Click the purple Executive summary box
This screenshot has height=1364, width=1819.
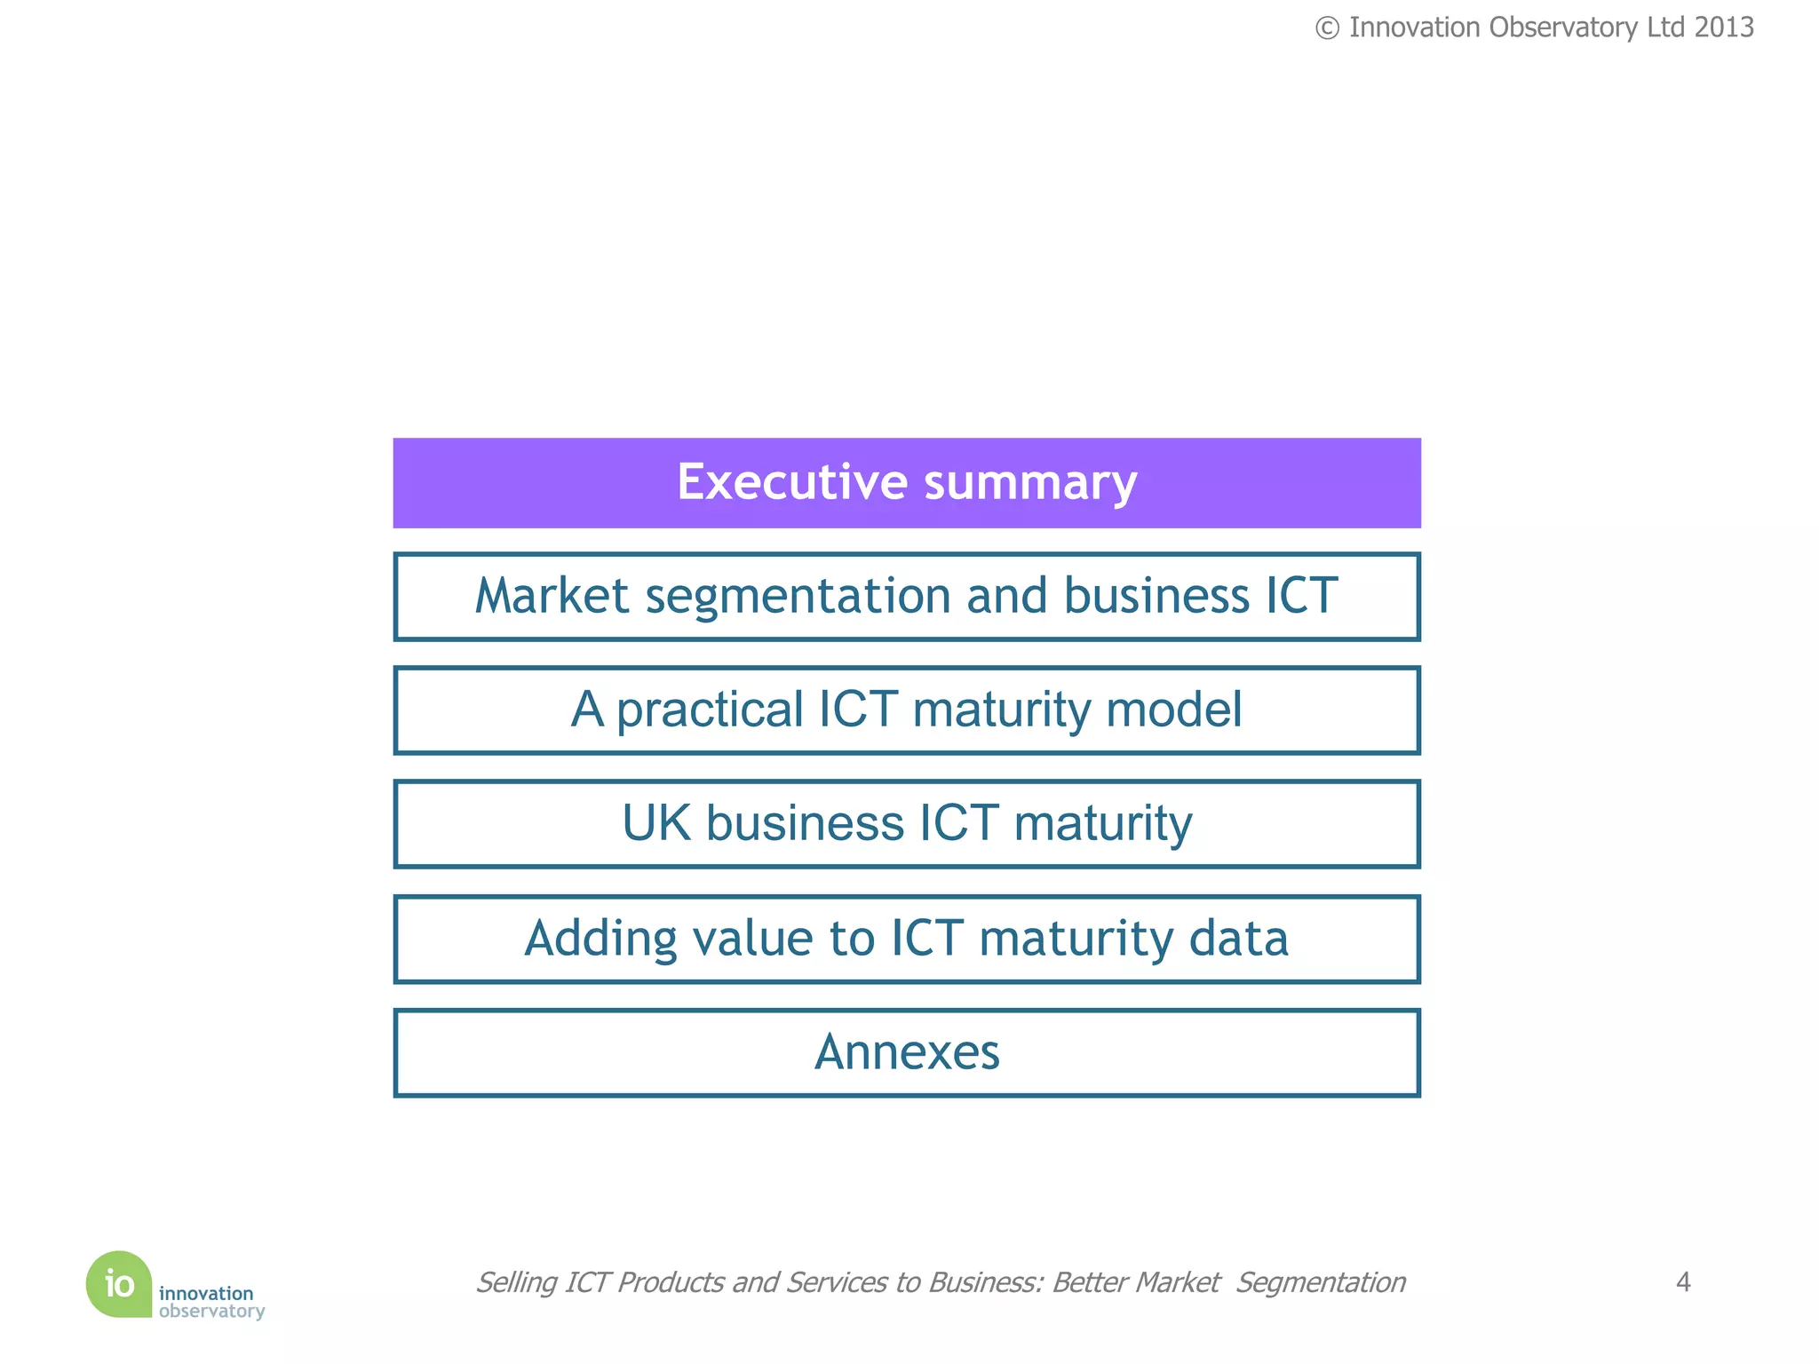tap(907, 483)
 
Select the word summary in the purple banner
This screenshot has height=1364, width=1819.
tap(1030, 483)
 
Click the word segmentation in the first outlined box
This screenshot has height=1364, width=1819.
tap(798, 596)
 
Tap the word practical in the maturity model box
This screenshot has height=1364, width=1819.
tap(710, 710)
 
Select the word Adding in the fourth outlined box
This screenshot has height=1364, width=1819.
tap(600, 938)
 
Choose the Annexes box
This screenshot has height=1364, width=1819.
tap(907, 1052)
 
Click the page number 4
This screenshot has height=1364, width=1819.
tap(1682, 1281)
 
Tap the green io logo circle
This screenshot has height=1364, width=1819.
tap(119, 1284)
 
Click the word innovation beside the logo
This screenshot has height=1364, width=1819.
tap(206, 1293)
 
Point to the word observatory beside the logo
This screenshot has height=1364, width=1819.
tap(211, 1312)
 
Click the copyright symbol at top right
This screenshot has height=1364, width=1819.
tap(1327, 28)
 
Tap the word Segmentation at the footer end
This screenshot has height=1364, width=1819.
tap(1321, 1282)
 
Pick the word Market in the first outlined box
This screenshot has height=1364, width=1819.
tap(552, 596)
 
